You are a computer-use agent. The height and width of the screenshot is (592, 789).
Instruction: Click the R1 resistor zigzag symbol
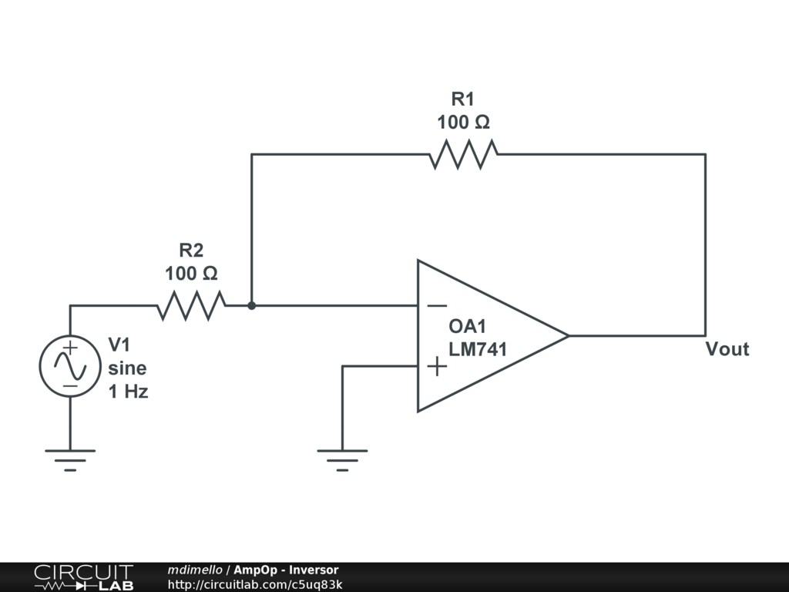point(463,154)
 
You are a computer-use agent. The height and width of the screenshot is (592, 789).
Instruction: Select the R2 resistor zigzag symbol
point(191,305)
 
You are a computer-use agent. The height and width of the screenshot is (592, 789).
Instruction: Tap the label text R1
point(463,99)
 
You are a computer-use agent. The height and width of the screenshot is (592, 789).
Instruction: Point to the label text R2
point(191,251)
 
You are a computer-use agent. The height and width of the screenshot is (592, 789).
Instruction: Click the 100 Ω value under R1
point(463,122)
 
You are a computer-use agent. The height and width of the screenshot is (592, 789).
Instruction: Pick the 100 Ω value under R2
point(191,273)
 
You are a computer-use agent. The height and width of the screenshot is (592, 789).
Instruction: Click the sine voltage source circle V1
point(70,366)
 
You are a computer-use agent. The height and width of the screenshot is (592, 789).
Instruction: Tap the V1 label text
point(120,344)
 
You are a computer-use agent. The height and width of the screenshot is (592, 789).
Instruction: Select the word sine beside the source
point(126,368)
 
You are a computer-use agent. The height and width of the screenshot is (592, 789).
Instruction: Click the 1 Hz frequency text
point(128,392)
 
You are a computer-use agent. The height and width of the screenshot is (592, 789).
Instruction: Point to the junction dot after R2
point(251,305)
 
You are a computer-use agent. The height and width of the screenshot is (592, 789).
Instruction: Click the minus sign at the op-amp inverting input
point(436,306)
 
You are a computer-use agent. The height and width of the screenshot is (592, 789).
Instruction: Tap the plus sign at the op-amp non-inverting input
point(436,366)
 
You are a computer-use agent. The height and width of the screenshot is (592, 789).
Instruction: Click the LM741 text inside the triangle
point(478,349)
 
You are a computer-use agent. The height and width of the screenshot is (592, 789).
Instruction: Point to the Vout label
point(727,349)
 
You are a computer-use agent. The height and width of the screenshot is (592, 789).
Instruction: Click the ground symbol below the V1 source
point(70,458)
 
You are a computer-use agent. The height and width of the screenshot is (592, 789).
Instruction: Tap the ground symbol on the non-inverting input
point(342,458)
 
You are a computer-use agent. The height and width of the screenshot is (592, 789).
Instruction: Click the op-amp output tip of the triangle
point(567,335)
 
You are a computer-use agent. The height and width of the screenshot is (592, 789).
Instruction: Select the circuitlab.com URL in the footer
point(255,584)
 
